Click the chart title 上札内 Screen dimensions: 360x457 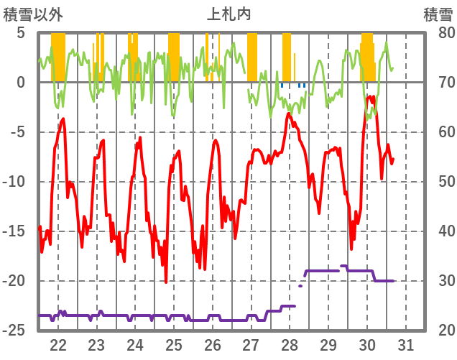click(x=228, y=14)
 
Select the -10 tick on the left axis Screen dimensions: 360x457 click(x=15, y=182)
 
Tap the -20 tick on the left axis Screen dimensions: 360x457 click(x=15, y=281)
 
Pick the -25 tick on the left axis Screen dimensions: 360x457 click(x=15, y=331)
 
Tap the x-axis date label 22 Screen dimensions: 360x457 click(x=58, y=343)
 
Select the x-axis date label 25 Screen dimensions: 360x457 click(x=174, y=343)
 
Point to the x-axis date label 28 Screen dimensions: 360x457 click(x=290, y=343)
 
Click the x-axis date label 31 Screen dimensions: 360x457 click(x=405, y=343)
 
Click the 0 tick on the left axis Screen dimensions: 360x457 click(x=21, y=83)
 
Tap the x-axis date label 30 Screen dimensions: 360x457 click(x=366, y=343)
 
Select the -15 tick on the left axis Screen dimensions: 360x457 click(x=15, y=231)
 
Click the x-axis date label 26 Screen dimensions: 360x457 click(x=213, y=343)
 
